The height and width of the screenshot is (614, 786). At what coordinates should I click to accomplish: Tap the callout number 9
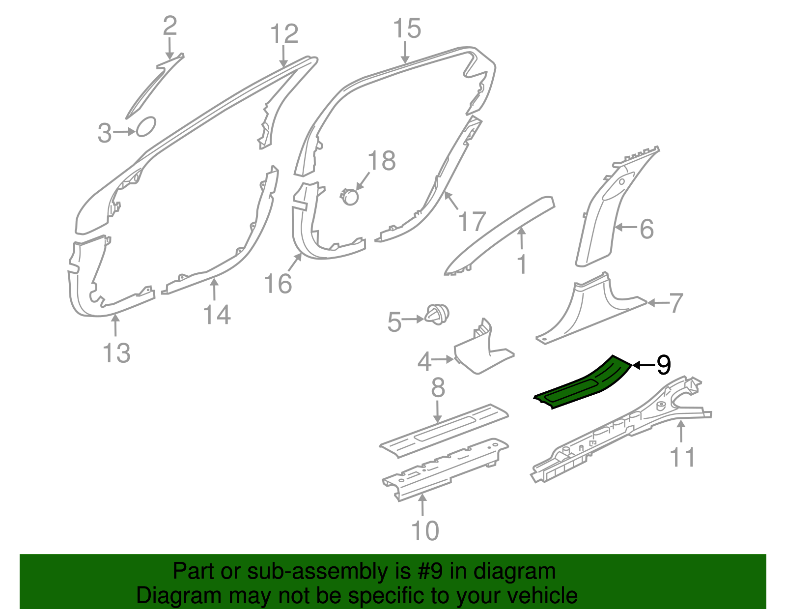663,365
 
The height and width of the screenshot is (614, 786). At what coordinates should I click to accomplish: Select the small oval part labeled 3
146,127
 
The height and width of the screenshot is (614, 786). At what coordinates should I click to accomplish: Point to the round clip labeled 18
349,197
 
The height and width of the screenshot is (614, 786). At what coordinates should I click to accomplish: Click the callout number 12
284,33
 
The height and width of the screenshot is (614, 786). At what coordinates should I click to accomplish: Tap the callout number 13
116,352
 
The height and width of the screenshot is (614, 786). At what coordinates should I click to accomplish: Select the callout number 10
425,530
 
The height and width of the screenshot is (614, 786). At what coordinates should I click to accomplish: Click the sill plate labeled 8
444,431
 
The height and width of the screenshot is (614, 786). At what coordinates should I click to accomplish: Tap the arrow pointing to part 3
124,132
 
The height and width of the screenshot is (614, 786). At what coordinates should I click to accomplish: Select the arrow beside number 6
626,227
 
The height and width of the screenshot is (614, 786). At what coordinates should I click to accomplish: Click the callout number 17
472,221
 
